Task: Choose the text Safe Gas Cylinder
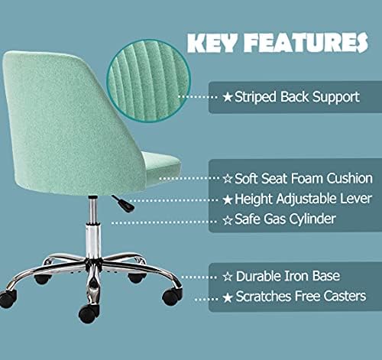coord(281,220)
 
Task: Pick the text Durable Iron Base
coord(281,275)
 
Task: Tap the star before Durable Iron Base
coord(227,275)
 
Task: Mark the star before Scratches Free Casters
coord(227,296)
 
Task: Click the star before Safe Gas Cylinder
coord(227,220)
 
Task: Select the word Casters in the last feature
coord(342,296)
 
